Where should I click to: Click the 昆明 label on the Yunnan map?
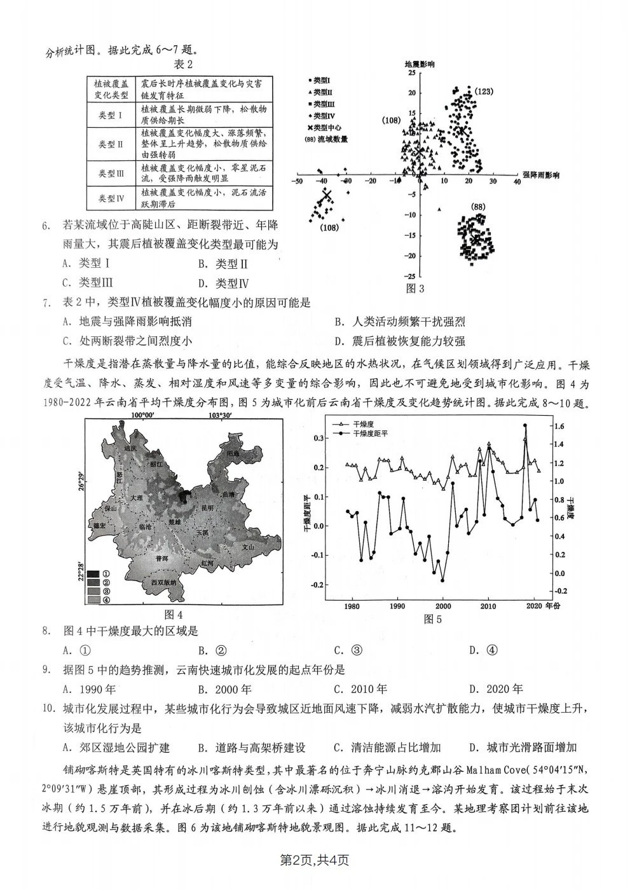(x=207, y=509)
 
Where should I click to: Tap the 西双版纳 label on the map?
(x=163, y=582)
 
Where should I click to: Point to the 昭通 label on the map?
(x=232, y=454)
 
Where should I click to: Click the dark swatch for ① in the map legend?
(x=93, y=573)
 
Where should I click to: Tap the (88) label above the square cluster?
(x=478, y=207)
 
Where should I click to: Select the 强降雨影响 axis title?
(x=541, y=175)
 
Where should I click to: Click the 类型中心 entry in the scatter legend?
(x=326, y=127)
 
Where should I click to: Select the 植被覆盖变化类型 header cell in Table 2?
(x=111, y=89)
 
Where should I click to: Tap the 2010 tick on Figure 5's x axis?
(x=488, y=606)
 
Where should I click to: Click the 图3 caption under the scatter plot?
(x=414, y=289)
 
